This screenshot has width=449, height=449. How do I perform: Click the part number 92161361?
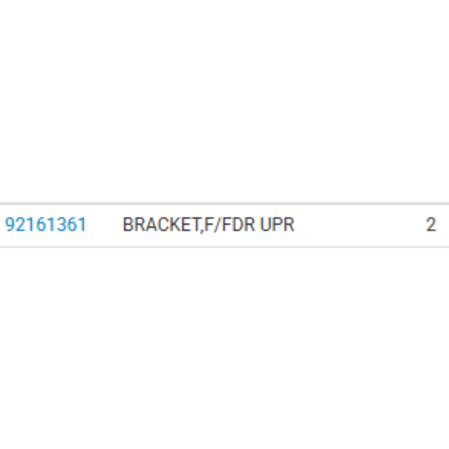[x=46, y=224]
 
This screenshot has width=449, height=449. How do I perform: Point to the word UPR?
[x=277, y=224]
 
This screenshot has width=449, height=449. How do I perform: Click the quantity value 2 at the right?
[x=431, y=224]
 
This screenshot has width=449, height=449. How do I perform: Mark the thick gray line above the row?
[x=224, y=203]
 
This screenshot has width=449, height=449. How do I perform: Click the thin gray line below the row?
[x=224, y=246]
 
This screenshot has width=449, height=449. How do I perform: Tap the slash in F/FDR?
[x=217, y=224]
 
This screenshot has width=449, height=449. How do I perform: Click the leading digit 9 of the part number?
[x=10, y=224]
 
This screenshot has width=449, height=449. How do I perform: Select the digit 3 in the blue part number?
[x=61, y=224]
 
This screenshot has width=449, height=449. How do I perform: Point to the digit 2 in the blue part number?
[x=21, y=224]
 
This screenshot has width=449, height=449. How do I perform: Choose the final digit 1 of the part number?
[x=81, y=224]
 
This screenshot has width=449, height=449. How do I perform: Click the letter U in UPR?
[x=265, y=224]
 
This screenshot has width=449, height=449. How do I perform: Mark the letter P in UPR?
[x=277, y=224]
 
